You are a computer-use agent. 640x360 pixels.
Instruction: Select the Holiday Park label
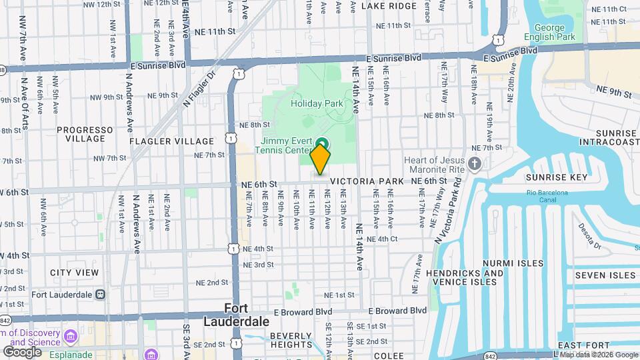pos(317,103)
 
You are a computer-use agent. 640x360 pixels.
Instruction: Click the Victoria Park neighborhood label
pos(366,181)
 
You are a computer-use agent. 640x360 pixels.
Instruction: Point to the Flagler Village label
pos(171,141)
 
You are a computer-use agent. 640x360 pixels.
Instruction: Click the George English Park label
pos(549,32)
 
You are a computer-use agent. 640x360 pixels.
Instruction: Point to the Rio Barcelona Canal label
pos(546,197)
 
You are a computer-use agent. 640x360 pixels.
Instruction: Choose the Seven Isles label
pos(605,275)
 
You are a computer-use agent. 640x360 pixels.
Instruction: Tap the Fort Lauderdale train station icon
pos(99,294)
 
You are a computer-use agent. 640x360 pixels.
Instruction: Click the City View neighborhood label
pos(74,273)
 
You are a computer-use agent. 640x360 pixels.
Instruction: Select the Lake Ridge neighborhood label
pos(389,6)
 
